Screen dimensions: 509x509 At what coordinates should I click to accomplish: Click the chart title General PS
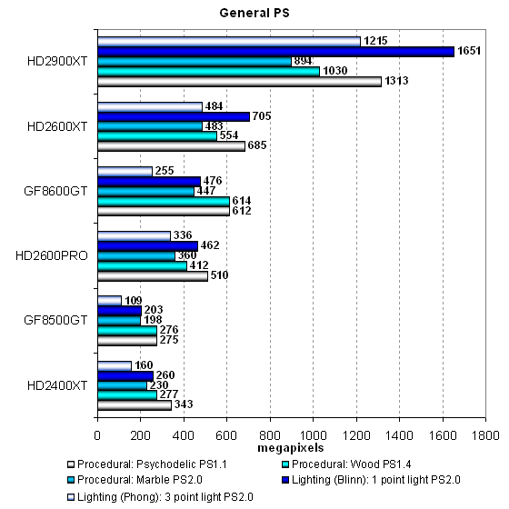(x=254, y=13)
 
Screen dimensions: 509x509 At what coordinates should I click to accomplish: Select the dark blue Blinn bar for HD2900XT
(x=276, y=52)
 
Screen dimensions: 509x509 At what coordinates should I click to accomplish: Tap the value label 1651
(x=469, y=51)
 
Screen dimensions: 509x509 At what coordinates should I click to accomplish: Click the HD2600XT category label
(x=57, y=126)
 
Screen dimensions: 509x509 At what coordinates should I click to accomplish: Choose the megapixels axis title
(x=291, y=447)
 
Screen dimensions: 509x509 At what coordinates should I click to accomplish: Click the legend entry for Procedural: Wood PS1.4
(x=346, y=464)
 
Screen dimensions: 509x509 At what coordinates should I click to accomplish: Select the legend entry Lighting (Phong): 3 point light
(x=160, y=497)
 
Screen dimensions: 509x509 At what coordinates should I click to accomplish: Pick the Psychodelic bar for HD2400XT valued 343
(x=135, y=405)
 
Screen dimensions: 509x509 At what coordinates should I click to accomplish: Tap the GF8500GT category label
(x=55, y=320)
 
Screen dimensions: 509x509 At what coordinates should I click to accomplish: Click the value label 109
(x=133, y=301)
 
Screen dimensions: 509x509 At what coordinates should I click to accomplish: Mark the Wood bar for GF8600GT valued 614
(x=164, y=202)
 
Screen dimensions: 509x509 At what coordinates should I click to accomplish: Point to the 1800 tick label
(x=485, y=435)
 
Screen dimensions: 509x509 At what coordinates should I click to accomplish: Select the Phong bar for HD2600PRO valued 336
(x=135, y=236)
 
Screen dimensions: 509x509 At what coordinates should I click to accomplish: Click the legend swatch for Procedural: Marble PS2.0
(x=71, y=480)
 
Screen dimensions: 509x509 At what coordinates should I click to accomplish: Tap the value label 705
(x=262, y=116)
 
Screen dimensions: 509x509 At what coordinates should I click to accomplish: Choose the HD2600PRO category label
(x=52, y=255)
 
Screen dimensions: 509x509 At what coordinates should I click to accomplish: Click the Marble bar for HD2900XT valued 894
(x=195, y=62)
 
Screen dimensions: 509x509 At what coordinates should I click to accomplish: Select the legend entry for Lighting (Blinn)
(x=372, y=480)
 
